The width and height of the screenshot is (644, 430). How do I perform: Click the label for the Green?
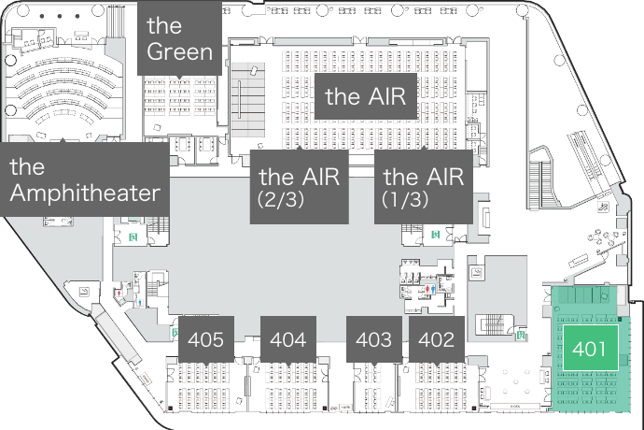coord(180,37)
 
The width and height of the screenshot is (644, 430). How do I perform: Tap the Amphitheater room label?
coord(85,180)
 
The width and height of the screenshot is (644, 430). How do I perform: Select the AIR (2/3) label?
coord(299,188)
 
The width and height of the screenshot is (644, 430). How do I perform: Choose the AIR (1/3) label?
coord(423,187)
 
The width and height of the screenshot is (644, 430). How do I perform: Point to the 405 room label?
coord(205,339)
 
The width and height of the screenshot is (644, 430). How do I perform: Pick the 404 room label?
coord(287,339)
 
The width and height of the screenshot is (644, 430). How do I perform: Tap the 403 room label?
coord(373,339)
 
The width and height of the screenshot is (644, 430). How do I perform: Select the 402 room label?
coord(436,339)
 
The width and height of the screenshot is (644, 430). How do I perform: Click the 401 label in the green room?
coord(590,351)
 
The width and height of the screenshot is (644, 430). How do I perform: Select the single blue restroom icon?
coord(139,303)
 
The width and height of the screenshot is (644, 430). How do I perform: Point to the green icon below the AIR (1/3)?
coord(435,233)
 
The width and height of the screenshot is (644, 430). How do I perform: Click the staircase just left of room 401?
coord(490,324)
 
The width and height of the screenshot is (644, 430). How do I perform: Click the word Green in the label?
coord(180,50)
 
